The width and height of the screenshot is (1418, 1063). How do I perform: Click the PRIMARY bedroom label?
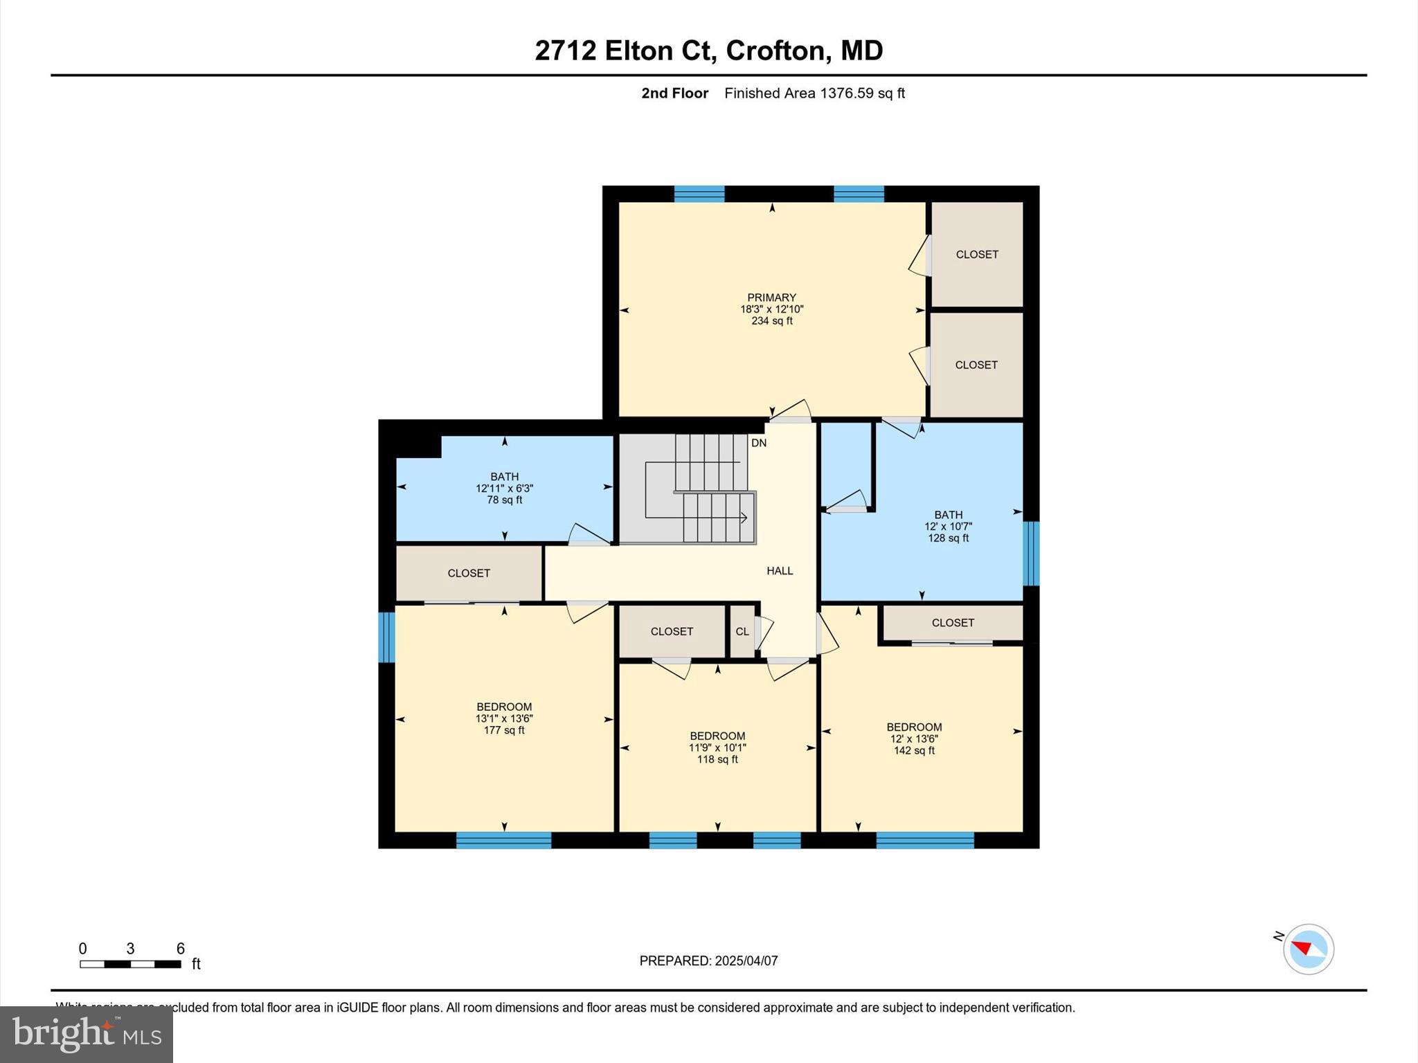pyautogui.click(x=771, y=298)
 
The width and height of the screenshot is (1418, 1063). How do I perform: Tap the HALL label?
pyautogui.click(x=780, y=571)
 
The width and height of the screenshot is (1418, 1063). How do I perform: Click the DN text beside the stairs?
pyautogui.click(x=759, y=443)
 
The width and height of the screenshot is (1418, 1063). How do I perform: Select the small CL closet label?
pyautogui.click(x=742, y=632)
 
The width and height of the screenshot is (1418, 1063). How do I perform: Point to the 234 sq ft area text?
pyautogui.click(x=771, y=321)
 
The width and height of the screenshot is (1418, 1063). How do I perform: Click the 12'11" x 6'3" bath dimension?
pyautogui.click(x=504, y=489)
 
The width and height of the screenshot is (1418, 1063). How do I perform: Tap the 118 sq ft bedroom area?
pyautogui.click(x=717, y=760)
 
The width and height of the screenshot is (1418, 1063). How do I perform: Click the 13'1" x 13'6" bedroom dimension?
pyautogui.click(x=504, y=719)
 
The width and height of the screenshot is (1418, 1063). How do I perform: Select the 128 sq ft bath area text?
pyautogui.click(x=948, y=538)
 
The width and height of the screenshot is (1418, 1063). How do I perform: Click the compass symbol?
pyautogui.click(x=1308, y=949)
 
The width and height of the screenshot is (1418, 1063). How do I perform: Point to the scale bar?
pyautogui.click(x=130, y=964)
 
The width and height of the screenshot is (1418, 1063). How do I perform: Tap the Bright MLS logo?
pyautogui.click(x=87, y=1034)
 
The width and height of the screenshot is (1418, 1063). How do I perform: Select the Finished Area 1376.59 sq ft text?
pyautogui.click(x=814, y=93)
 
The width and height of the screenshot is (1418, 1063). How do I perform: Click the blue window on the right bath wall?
pyautogui.click(x=1031, y=553)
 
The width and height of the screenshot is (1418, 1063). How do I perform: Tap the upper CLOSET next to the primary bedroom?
pyautogui.click(x=977, y=255)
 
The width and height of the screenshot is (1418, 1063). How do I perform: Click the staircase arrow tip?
pyautogui.click(x=745, y=517)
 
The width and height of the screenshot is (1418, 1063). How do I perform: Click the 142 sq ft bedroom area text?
pyautogui.click(x=914, y=751)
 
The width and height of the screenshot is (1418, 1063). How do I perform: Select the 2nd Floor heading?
pyautogui.click(x=674, y=93)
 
